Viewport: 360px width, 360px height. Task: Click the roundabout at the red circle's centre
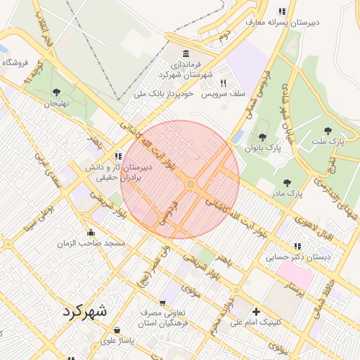191,184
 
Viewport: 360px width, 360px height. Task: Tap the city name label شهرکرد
84,311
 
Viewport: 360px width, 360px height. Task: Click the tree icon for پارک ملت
328,130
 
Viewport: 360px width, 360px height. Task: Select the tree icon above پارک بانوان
263,137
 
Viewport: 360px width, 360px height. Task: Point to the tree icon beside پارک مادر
287,183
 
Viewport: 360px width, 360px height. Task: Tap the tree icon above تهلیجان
56,91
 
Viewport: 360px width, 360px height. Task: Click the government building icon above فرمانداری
186,54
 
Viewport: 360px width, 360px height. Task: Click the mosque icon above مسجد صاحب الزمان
91,233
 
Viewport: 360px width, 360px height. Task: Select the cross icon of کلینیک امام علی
256,311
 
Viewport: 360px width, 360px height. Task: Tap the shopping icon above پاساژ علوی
117,330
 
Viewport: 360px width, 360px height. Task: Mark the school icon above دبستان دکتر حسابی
297,247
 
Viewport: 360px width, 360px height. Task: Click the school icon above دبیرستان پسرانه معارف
282,11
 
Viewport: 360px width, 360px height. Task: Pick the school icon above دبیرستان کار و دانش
117,156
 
